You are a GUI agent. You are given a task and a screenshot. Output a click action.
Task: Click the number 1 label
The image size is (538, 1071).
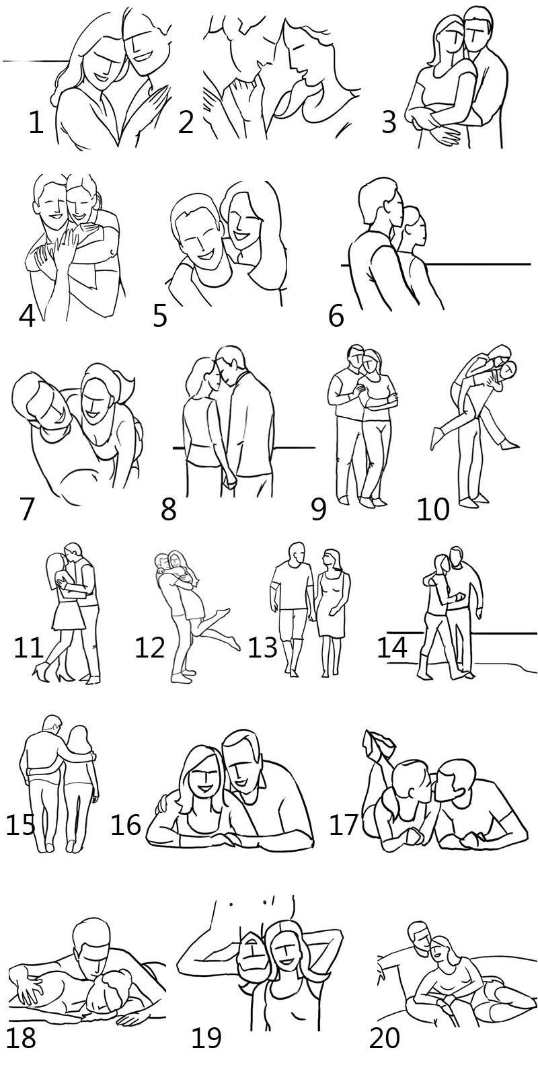36,122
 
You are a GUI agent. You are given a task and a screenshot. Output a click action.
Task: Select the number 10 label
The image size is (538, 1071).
433,509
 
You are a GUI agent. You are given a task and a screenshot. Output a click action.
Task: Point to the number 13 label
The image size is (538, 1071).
262,647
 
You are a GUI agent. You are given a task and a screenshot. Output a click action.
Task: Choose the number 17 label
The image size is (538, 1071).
344,825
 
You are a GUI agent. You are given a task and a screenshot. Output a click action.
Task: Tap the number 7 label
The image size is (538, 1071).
27,509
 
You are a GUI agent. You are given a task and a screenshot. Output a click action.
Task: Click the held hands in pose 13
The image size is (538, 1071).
312,617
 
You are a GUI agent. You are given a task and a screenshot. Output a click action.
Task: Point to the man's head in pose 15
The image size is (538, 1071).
51,726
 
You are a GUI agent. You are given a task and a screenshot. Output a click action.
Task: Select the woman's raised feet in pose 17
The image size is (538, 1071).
379,744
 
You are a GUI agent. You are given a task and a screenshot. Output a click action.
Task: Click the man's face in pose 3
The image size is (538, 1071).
476,34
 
